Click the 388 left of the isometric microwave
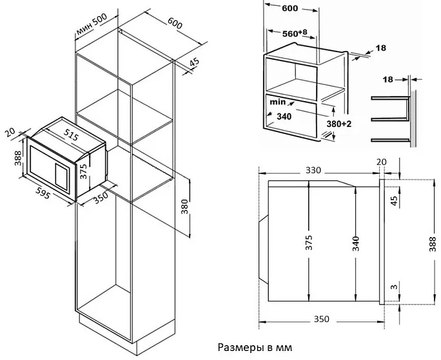coord(17,158)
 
